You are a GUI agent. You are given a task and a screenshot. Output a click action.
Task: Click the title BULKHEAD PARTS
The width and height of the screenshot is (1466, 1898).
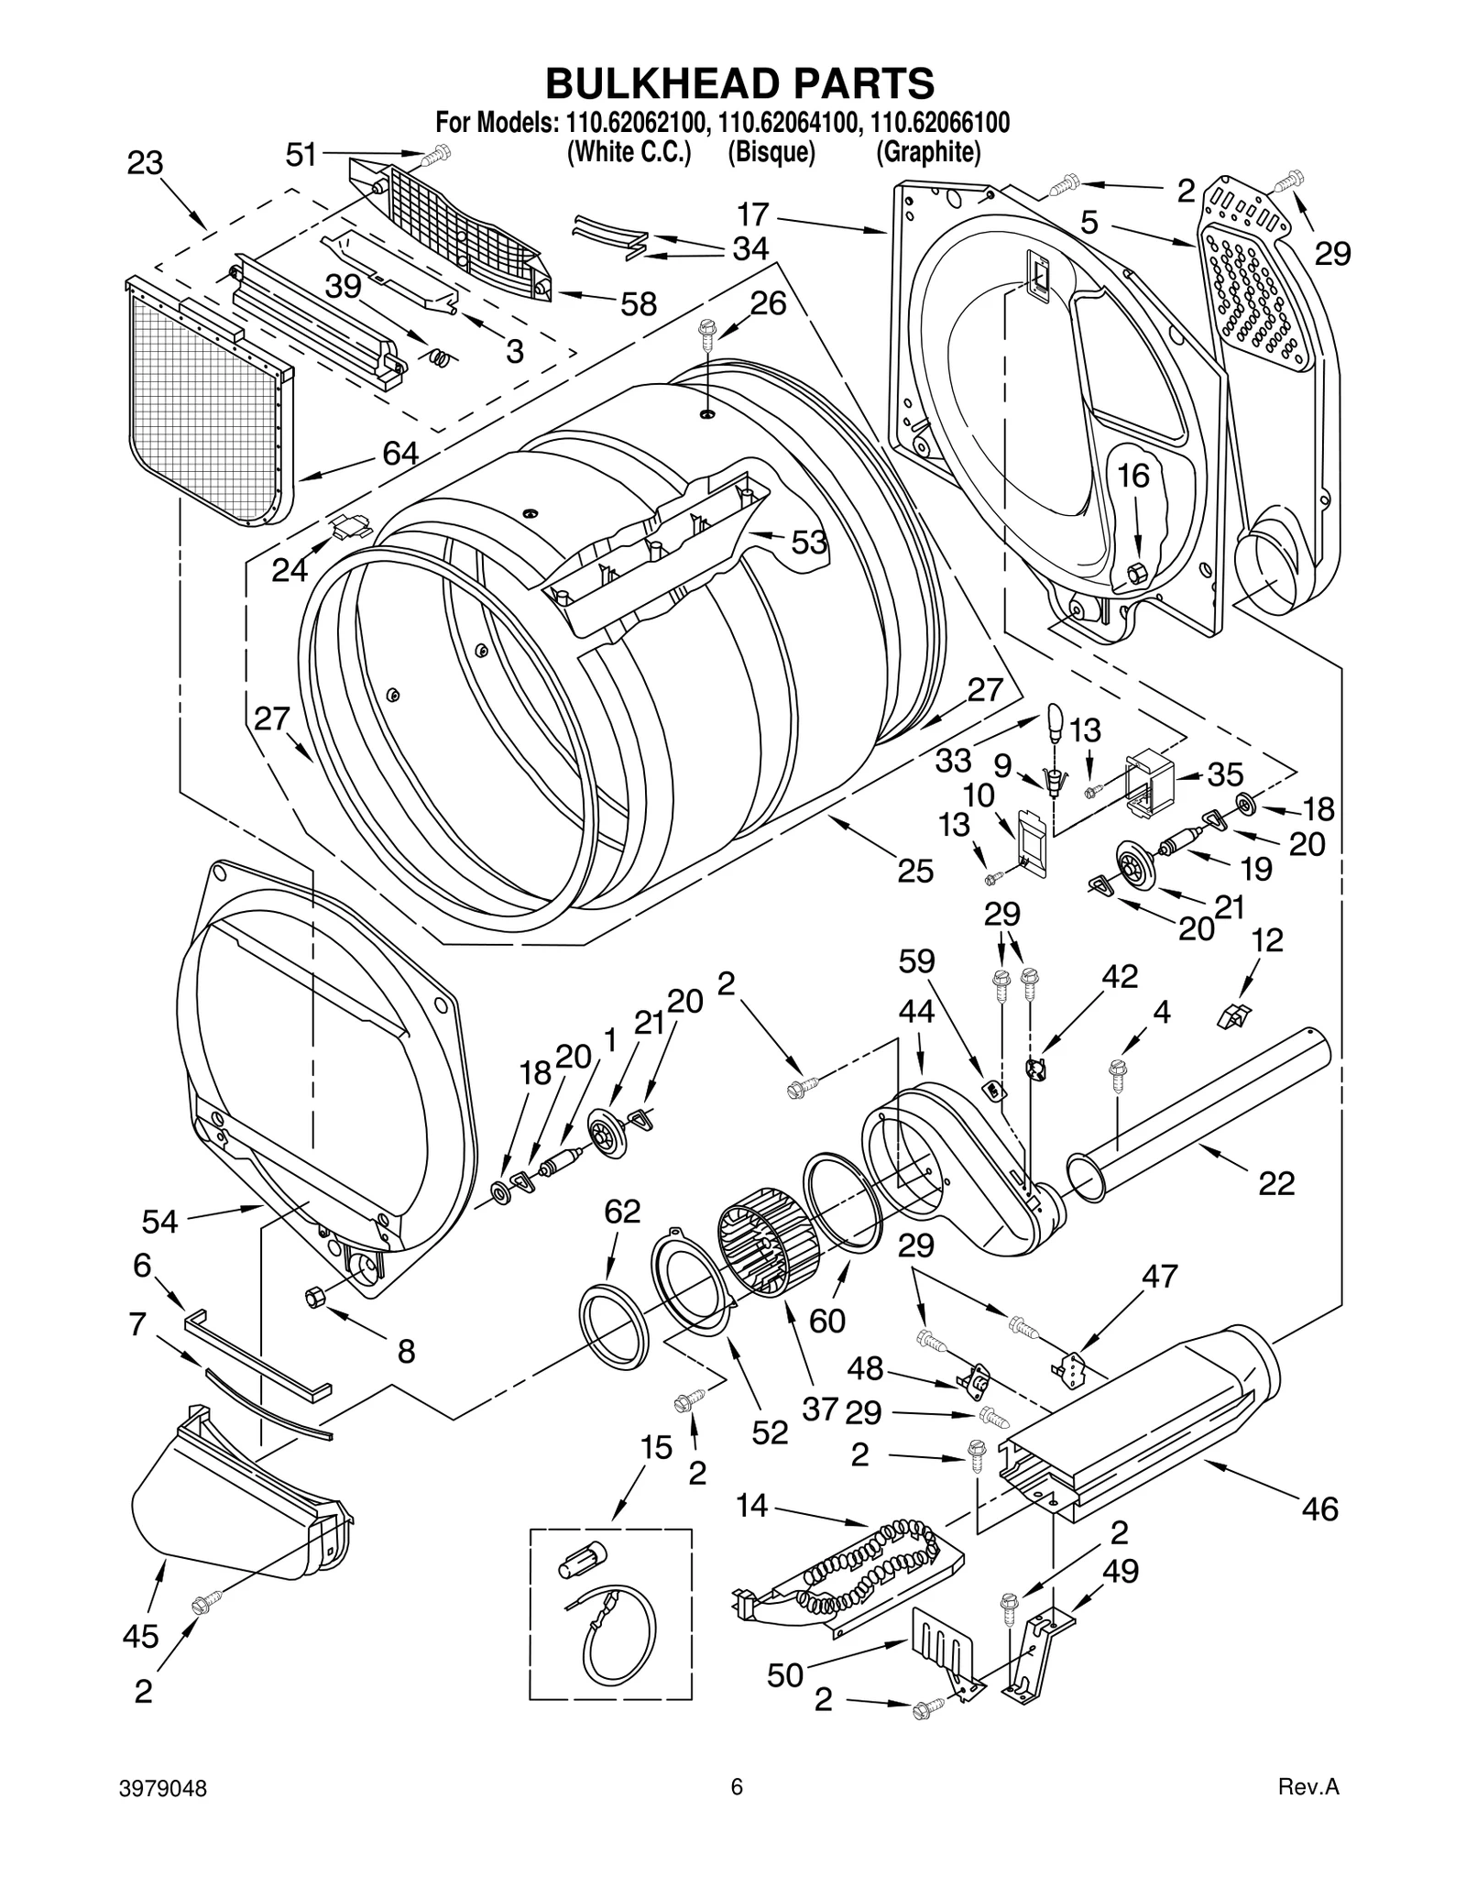pos(739,82)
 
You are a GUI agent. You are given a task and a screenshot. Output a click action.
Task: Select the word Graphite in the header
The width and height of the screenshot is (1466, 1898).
pos(928,151)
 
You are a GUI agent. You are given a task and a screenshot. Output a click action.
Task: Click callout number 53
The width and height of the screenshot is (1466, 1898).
pos(808,543)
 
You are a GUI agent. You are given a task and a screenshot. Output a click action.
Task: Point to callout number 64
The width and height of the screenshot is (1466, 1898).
pos(400,453)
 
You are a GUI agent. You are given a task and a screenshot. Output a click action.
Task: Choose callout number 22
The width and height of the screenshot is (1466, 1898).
pos(1276,1183)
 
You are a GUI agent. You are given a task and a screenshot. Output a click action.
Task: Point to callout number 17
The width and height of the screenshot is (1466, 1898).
pos(753,215)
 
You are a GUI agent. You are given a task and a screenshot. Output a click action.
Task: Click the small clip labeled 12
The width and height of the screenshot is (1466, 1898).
pos(1234,1015)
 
